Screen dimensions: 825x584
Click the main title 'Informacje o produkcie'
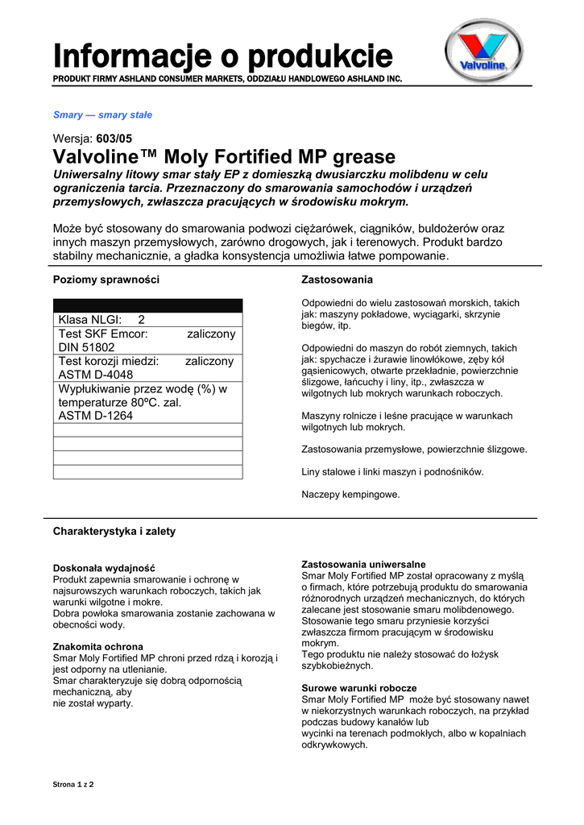[222, 57]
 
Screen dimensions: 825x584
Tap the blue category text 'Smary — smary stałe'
[102, 115]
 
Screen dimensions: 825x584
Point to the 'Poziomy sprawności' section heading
[106, 280]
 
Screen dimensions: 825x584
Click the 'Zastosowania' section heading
[337, 280]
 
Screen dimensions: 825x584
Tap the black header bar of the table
[147, 305]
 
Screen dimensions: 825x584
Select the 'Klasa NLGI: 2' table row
[101, 320]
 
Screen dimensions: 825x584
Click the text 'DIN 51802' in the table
[87, 347]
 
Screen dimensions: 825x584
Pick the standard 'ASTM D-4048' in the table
[96, 375]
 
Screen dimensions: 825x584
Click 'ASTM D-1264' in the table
[96, 416]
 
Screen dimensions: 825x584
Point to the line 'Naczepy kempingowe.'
[350, 494]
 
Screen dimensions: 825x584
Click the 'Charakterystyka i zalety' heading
[114, 532]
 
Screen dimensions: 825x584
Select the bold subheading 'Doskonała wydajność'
[104, 568]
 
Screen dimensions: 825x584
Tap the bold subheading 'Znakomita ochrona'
[98, 647]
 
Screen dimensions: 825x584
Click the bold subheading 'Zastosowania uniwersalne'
[363, 564]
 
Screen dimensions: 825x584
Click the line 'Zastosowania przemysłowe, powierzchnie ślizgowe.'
[414, 450]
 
